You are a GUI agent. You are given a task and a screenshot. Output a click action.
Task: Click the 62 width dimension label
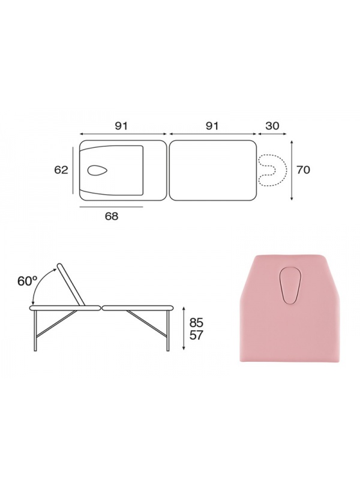click(x=61, y=170)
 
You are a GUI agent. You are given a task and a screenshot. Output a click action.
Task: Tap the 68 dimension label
click(x=112, y=216)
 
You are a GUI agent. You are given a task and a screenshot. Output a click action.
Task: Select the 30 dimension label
click(x=272, y=126)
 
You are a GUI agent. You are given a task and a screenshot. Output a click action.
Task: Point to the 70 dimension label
click(x=303, y=170)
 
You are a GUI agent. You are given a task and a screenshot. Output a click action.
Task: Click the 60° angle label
click(x=27, y=281)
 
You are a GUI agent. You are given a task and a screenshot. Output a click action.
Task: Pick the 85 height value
click(x=196, y=323)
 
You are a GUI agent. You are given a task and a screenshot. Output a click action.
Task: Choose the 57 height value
click(x=196, y=335)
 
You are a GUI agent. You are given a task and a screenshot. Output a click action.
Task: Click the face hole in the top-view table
click(x=97, y=170)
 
